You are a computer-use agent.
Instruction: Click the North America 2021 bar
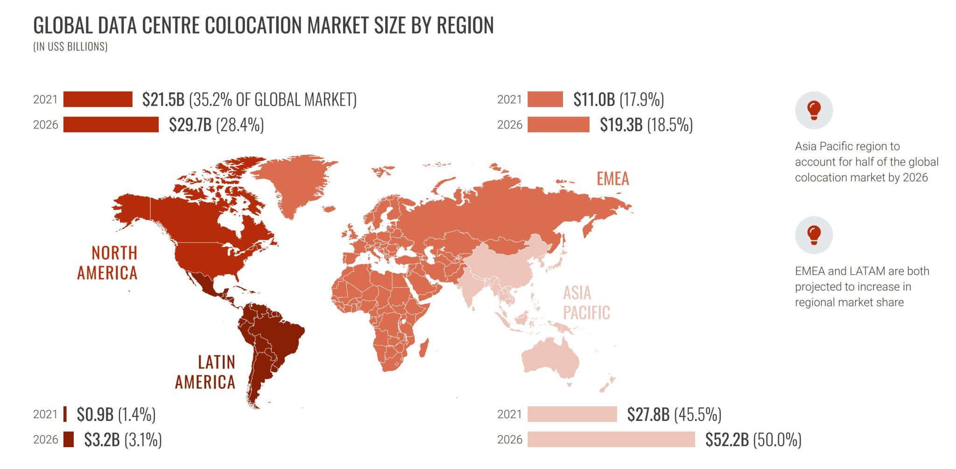point(98,99)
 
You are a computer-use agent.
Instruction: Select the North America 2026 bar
point(111,124)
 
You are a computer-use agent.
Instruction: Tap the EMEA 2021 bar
point(545,99)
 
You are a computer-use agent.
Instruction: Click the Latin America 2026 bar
point(69,439)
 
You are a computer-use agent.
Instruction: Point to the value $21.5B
point(163,99)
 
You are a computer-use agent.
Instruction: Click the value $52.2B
point(726,439)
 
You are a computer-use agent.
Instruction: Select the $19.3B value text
point(621,124)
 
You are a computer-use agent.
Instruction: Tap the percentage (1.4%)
point(137,414)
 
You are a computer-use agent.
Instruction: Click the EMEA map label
point(612,179)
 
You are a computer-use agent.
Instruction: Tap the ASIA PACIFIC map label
point(586,303)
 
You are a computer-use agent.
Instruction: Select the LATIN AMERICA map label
point(205,372)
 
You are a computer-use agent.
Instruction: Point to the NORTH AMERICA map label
point(108,263)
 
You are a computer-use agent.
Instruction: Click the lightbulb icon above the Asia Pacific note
point(814,110)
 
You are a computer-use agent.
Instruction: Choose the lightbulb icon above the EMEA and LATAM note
point(814,234)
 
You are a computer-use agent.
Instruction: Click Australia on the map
point(551,359)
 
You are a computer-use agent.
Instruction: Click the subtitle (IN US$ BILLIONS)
point(70,47)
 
